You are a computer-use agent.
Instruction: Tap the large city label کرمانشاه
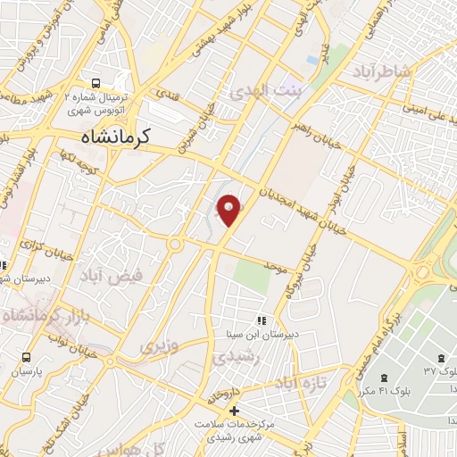pos(108,137)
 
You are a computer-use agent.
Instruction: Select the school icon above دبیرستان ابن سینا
pos(262,320)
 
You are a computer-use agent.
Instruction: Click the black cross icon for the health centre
pos(234,411)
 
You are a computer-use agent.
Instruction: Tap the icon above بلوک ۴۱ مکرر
pos(386,378)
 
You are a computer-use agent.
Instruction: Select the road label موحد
pos(275,265)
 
